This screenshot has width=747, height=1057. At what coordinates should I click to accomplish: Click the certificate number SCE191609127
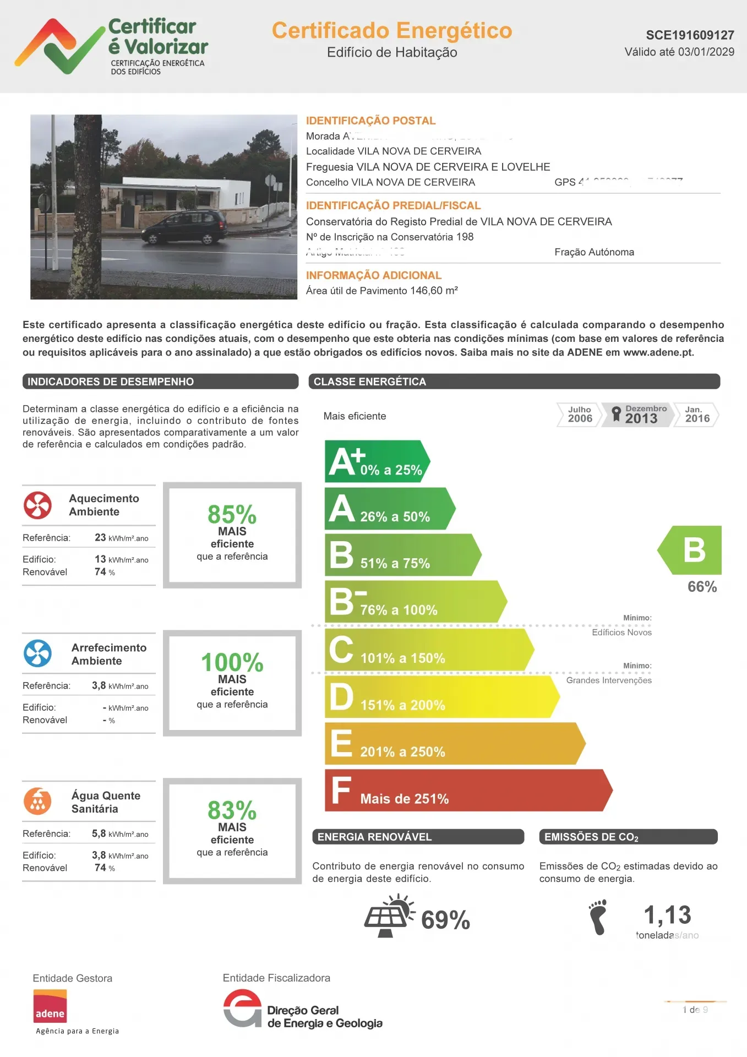coord(690,35)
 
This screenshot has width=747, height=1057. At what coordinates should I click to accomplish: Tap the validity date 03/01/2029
coord(706,52)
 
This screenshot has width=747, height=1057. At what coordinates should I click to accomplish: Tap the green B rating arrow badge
coord(691,550)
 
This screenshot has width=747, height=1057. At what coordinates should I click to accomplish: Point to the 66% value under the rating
coord(702,587)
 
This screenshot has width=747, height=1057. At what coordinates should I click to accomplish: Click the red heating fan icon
coord(38,505)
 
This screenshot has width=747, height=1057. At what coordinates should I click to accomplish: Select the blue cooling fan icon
coord(38,653)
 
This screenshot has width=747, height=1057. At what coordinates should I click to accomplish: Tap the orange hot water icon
coord(38,801)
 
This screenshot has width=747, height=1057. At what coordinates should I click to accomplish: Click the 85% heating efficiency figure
coord(232,515)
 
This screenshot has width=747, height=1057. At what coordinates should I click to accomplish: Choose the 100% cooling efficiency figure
coord(232,662)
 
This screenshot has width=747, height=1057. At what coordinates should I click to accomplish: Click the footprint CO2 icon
coord(597,917)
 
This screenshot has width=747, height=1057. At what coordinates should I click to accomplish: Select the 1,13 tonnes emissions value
coord(667,915)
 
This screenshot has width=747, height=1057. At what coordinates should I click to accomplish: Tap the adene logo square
coord(50,1006)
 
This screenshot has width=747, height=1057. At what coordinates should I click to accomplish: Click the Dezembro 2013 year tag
coord(640,415)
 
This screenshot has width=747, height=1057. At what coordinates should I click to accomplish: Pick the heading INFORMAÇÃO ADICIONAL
coord(374,275)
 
